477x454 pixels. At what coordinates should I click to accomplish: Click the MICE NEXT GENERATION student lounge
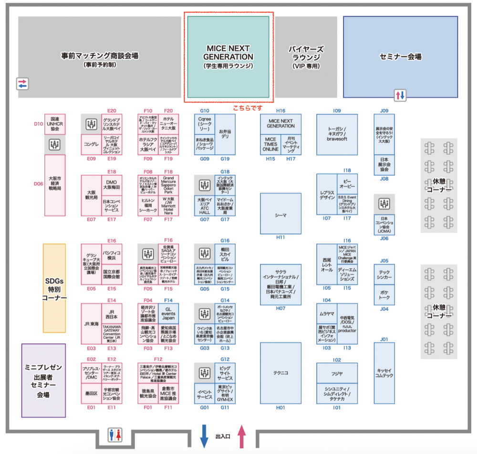tap(229, 57)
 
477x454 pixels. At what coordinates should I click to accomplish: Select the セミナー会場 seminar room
tap(400, 57)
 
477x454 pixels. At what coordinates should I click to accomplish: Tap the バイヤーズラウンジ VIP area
tap(306, 57)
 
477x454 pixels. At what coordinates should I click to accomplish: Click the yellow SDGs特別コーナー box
tap(54, 288)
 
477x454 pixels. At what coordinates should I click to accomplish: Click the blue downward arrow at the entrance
tap(204, 436)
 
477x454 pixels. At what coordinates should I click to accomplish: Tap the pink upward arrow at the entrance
tap(242, 436)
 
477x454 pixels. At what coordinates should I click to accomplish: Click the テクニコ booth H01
tap(280, 373)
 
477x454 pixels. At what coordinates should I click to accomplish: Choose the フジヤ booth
tap(337, 373)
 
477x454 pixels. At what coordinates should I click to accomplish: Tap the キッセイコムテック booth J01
tap(384, 373)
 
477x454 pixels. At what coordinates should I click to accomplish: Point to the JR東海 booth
tap(91, 324)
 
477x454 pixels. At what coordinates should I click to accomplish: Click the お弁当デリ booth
tap(225, 133)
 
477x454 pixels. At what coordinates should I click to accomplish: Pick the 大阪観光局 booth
tap(91, 195)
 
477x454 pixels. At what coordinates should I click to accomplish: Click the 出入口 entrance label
tap(223, 436)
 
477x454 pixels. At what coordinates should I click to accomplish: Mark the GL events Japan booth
tap(168, 313)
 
